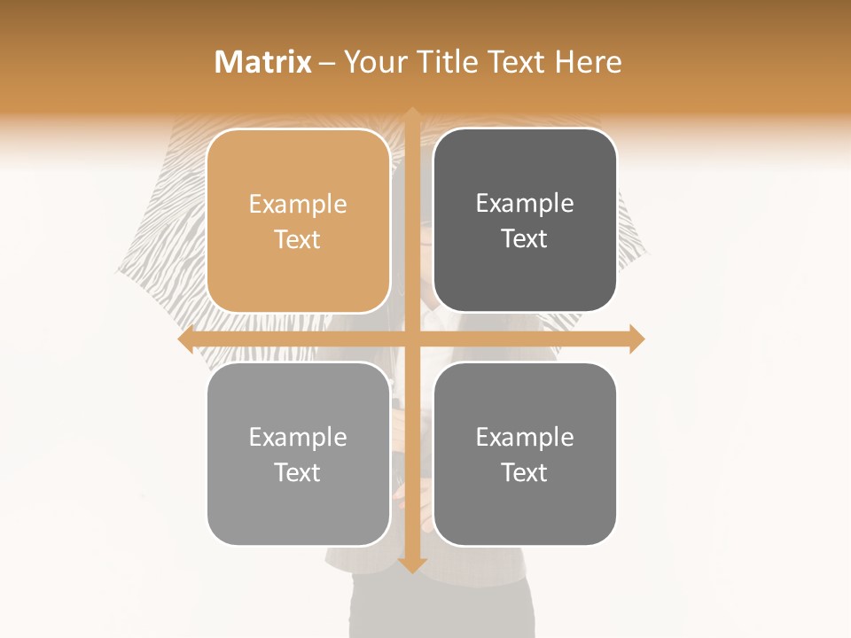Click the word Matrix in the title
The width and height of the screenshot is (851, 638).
263,62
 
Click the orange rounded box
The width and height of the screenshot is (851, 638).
298,221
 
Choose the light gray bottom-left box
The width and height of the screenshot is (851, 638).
298,454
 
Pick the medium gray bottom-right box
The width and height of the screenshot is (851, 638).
525,454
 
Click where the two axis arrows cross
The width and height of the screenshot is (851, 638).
412,339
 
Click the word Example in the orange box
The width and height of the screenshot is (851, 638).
298,205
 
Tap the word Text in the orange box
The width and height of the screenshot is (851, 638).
298,239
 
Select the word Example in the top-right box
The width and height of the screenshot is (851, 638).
525,204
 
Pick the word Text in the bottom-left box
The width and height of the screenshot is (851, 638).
298,472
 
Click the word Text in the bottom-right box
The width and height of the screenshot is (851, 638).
525,472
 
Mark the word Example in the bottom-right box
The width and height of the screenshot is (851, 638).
525,437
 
